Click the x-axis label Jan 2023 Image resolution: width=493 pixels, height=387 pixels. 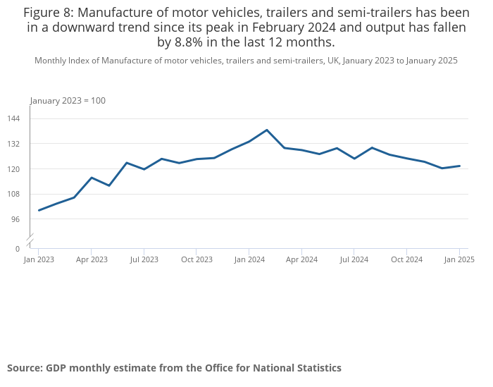pos(39,259)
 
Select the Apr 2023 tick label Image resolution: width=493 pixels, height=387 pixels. pos(92,259)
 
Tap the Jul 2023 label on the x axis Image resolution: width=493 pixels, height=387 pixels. pos(144,259)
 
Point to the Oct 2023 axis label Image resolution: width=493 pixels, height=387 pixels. pos(196,259)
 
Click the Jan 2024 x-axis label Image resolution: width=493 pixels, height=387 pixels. pos(249,259)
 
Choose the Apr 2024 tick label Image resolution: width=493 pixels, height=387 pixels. pos(301,259)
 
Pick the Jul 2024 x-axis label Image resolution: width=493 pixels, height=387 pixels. pos(354,259)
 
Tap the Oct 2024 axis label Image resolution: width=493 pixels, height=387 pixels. pos(406,259)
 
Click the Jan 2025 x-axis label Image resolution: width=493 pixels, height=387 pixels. pos(459,259)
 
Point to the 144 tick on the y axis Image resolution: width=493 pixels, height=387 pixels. pos(15,118)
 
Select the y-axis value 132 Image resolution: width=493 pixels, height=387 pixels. pos(15,144)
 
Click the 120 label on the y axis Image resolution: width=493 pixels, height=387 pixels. pos(15,169)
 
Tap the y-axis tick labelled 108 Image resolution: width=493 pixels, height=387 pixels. pos(15,194)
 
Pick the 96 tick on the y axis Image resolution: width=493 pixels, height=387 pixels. pos(17,219)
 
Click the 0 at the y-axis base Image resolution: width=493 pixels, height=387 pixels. pos(18,249)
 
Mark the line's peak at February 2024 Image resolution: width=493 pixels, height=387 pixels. pos(267,130)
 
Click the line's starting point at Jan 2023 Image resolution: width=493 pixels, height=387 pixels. pos(39,210)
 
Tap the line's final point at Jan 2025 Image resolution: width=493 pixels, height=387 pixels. pos(459,166)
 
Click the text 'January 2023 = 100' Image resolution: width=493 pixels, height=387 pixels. pos(68,101)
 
